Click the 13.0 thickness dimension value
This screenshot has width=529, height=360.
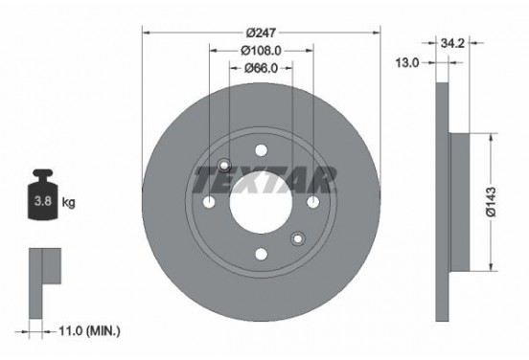point(408,62)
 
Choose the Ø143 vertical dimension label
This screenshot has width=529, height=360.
point(507,203)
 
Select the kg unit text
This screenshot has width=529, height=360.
point(69,203)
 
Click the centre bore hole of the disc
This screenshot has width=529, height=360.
point(261,202)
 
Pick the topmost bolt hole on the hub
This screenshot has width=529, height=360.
point(261,150)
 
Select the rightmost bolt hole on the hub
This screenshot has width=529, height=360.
point(312,202)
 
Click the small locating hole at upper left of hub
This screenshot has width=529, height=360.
point(224,166)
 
